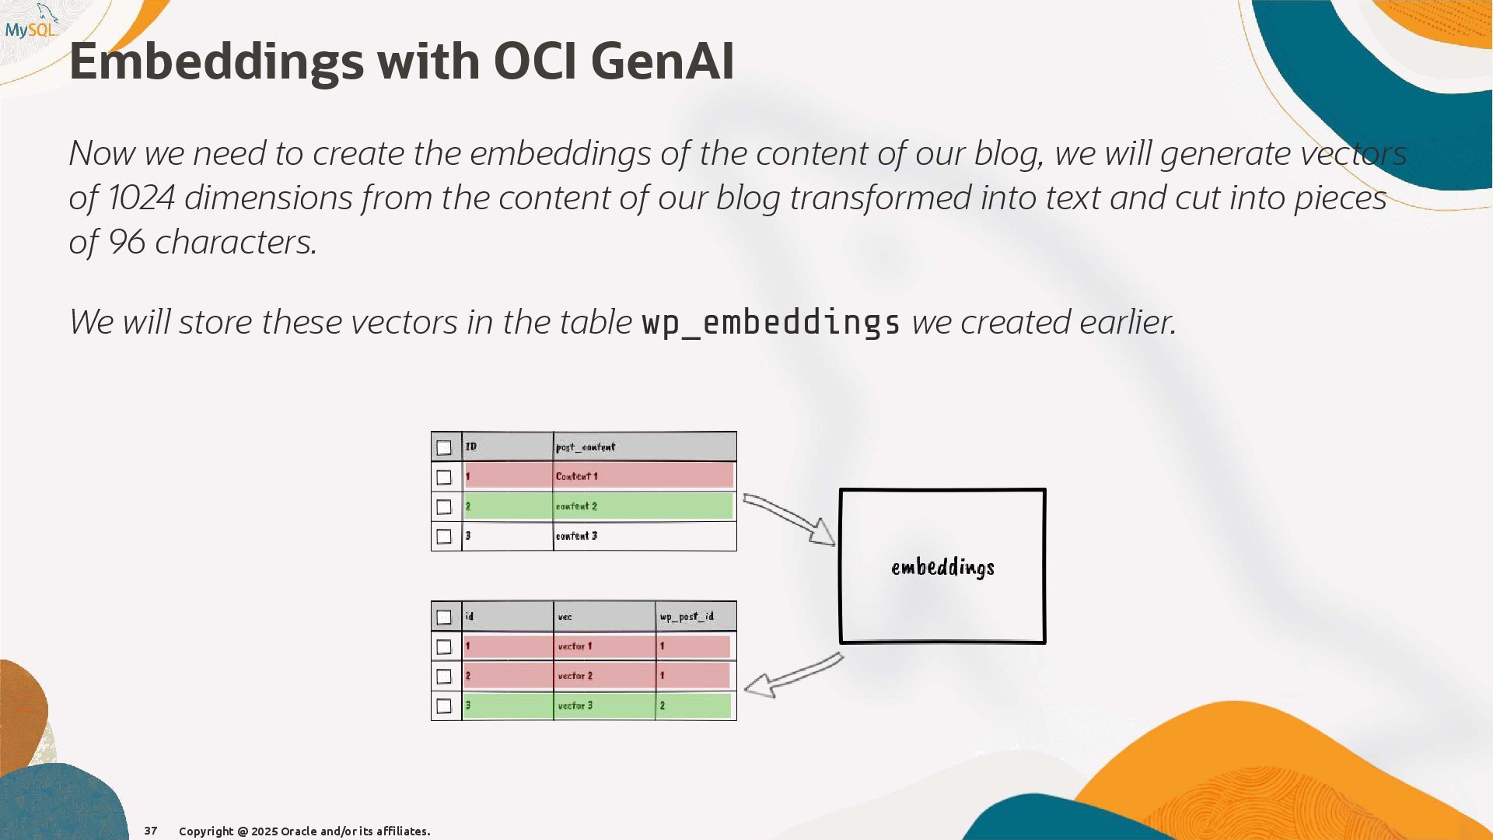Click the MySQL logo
coord(32,22)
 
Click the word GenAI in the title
coord(662,61)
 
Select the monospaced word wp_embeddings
coord(771,323)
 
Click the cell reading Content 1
coord(645,476)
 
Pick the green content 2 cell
coord(644,506)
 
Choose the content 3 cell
coord(645,536)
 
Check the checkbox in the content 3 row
coord(444,537)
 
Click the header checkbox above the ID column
coord(444,448)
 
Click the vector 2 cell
coord(604,676)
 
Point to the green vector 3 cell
coord(604,705)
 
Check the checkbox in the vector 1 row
coord(444,647)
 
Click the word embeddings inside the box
coord(942,568)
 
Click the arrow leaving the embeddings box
coord(793,674)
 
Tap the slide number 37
coord(151,831)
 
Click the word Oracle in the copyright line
coord(299,831)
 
